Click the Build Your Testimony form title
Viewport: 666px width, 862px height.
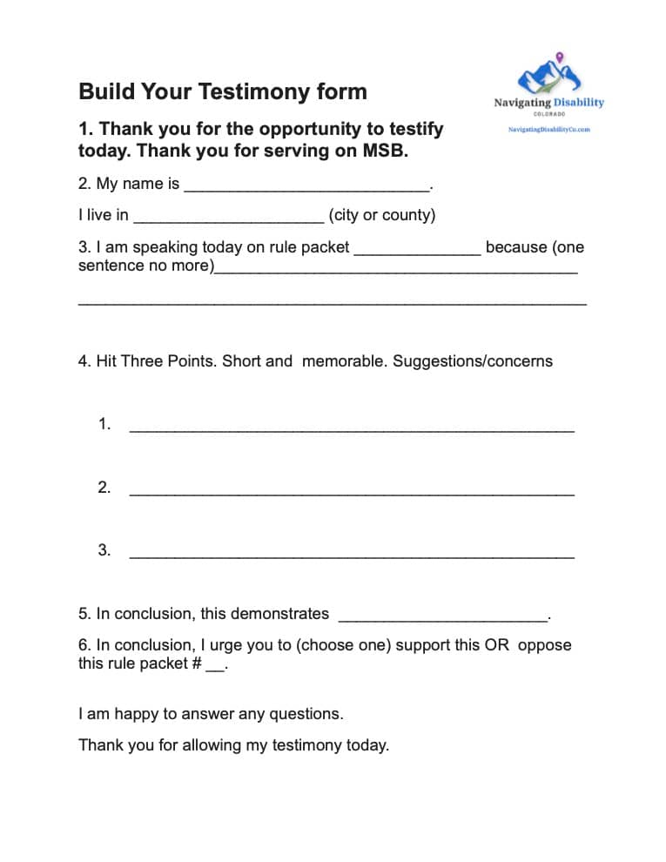[223, 91]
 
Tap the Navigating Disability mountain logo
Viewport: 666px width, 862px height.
[548, 77]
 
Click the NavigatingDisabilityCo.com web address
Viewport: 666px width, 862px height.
[549, 129]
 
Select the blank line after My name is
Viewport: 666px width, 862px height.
[306, 185]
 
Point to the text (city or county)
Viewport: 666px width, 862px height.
[381, 215]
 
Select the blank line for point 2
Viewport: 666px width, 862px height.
[351, 489]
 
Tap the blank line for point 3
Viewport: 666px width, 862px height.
[351, 552]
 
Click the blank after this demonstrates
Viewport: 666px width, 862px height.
[442, 616]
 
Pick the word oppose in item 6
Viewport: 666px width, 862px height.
[544, 645]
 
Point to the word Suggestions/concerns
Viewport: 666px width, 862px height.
[473, 360]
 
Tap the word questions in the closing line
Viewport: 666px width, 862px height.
[306, 714]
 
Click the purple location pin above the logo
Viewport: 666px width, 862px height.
[559, 57]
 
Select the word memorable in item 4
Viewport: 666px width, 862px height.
[343, 360]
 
